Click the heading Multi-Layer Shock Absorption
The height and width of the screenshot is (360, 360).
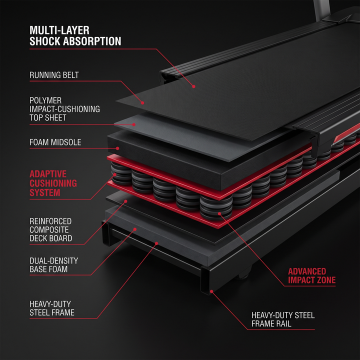click(x=75, y=36)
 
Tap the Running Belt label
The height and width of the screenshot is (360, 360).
click(x=54, y=75)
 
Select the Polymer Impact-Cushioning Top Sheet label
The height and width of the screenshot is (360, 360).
click(x=64, y=109)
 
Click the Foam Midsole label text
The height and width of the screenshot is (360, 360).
click(x=55, y=142)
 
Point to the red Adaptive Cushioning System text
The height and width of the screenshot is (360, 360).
click(x=53, y=183)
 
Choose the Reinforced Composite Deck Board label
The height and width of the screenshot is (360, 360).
click(x=50, y=229)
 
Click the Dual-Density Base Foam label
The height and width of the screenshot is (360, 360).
click(x=53, y=265)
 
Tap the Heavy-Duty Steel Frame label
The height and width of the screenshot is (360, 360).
click(x=52, y=308)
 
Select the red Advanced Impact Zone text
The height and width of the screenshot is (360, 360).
click(x=312, y=275)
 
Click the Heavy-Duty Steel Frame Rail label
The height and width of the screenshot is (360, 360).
click(x=283, y=319)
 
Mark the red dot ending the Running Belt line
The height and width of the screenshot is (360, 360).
click(x=142, y=103)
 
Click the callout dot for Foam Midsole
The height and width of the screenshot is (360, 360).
click(x=117, y=148)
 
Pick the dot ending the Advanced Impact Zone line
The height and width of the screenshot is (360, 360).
click(x=219, y=214)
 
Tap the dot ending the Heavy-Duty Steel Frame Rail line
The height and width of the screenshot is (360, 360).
click(x=211, y=291)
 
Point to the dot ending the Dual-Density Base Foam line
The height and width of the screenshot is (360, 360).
click(x=135, y=229)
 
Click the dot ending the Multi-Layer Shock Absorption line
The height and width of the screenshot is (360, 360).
click(x=194, y=86)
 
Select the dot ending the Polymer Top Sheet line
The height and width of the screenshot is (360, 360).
click(x=134, y=124)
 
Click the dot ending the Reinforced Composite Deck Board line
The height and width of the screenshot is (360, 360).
click(x=126, y=201)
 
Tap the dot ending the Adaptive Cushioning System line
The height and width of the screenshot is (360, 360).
click(x=115, y=174)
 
